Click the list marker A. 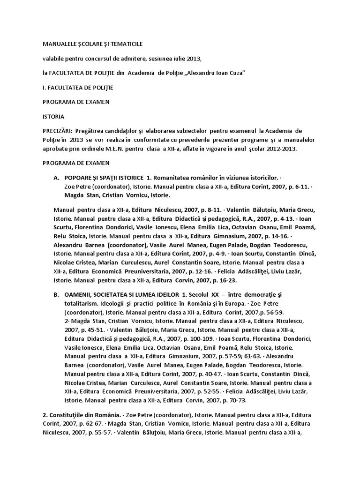click(x=56, y=178)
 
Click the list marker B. click(x=56, y=294)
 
